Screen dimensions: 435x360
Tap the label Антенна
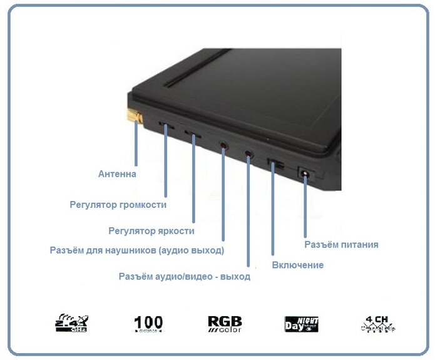(x=117, y=173)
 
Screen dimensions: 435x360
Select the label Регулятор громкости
(x=118, y=204)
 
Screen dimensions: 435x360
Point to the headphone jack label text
(x=137, y=250)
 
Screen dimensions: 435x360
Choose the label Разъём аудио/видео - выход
(x=184, y=276)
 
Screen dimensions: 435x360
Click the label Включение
(x=298, y=265)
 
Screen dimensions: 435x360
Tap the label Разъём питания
(x=341, y=244)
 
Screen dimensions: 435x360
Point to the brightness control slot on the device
(x=193, y=135)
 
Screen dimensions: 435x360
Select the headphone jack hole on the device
(x=223, y=144)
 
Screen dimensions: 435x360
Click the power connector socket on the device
(x=305, y=173)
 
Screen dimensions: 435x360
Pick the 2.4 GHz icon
(x=71, y=322)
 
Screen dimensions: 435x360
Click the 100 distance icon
(x=148, y=323)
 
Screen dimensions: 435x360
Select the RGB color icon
(x=225, y=323)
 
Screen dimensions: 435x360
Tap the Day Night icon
(x=301, y=324)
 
